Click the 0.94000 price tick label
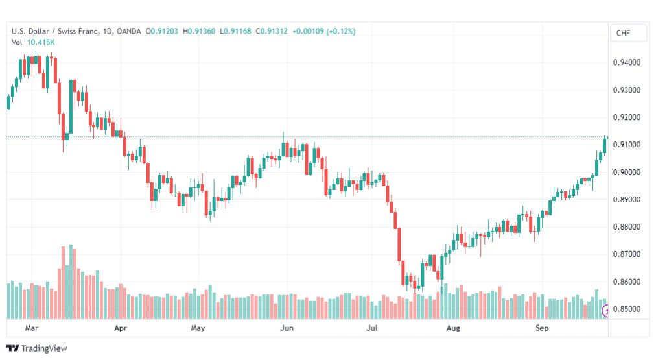click(626, 62)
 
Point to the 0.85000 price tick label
click(626, 309)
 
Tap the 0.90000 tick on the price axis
click(626, 172)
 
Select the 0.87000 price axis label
click(626, 254)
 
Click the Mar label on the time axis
click(31, 328)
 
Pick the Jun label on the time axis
click(287, 328)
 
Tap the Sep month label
click(542, 328)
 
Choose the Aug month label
click(453, 328)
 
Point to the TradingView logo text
click(44, 348)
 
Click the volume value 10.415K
click(41, 42)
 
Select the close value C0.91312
click(272, 31)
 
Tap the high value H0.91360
click(199, 31)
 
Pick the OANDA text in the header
click(128, 31)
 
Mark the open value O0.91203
click(161, 31)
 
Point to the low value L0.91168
click(235, 31)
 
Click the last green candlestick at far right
click(605, 145)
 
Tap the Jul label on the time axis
click(372, 328)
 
